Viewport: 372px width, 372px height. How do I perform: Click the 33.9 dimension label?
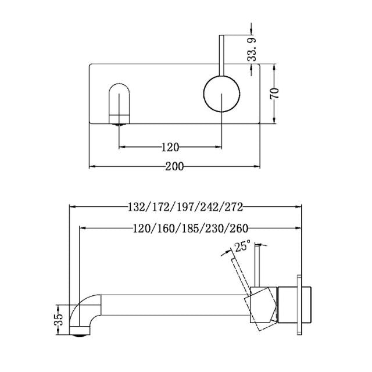pyautogui.click(x=252, y=51)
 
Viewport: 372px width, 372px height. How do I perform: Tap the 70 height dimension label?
pyautogui.click(x=275, y=93)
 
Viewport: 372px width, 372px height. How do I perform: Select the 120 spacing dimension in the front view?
pyautogui.click(x=170, y=146)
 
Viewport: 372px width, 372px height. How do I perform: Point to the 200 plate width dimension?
pyautogui.click(x=174, y=166)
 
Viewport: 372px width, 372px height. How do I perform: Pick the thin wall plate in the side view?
pyautogui.click(x=300, y=305)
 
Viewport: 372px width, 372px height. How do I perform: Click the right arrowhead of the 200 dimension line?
pyautogui.click(x=256, y=166)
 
